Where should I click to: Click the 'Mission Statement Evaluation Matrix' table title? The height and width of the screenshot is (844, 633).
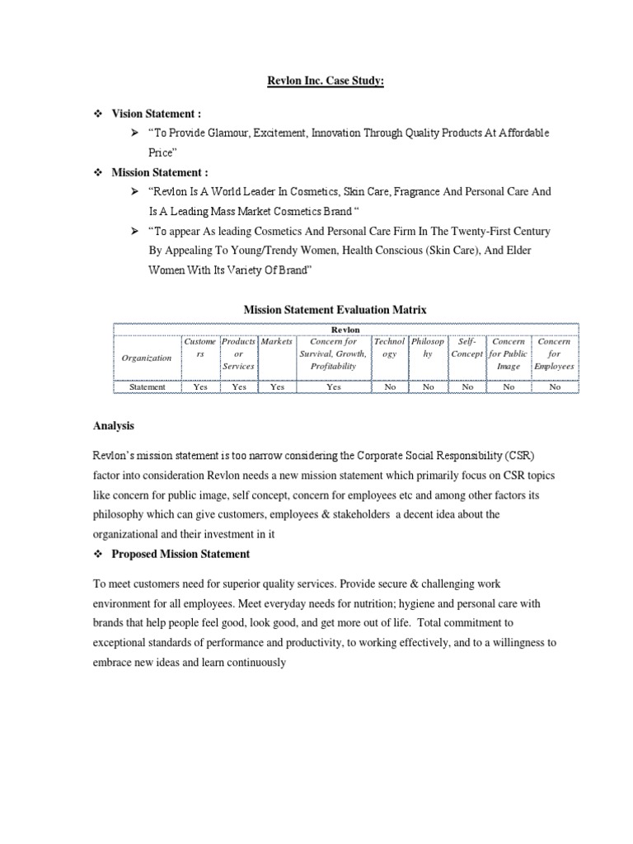[335, 309]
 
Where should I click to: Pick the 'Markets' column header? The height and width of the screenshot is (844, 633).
[277, 341]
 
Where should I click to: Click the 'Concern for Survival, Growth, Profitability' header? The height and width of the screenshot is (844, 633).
[333, 353]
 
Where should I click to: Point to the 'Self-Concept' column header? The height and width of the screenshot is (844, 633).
[467, 347]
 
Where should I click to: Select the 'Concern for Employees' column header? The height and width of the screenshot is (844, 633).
[555, 353]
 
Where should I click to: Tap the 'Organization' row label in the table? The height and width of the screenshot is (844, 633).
[147, 358]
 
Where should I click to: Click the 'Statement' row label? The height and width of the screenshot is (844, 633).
[147, 387]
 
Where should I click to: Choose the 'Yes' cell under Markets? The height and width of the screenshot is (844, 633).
[277, 387]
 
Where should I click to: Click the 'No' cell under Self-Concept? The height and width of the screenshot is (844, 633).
[467, 387]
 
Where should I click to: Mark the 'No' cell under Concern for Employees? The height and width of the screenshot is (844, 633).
[555, 387]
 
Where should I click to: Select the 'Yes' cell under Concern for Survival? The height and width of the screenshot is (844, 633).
[333, 387]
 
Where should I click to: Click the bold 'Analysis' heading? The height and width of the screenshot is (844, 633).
[113, 426]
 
